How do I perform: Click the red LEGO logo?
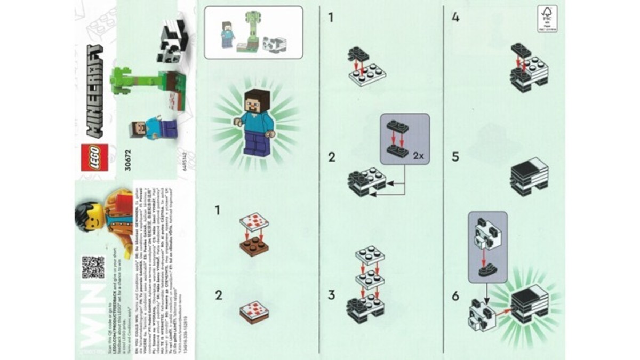(x=94, y=157)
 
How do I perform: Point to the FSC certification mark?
(x=547, y=19)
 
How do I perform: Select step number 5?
(x=455, y=158)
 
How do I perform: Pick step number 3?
(x=332, y=294)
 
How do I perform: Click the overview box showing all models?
(x=253, y=32)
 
